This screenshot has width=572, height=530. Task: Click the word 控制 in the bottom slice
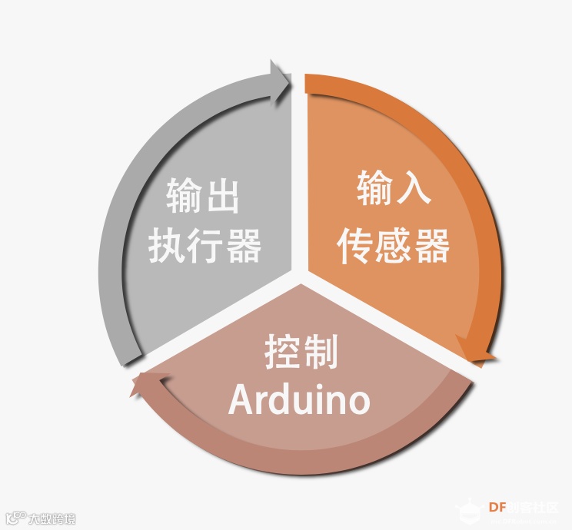(x=301, y=352)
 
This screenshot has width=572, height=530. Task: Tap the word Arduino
(x=300, y=399)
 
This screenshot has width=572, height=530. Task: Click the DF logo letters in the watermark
(x=497, y=507)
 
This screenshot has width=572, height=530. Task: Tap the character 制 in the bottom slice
(x=320, y=352)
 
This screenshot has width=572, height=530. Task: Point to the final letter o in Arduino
(x=358, y=402)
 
